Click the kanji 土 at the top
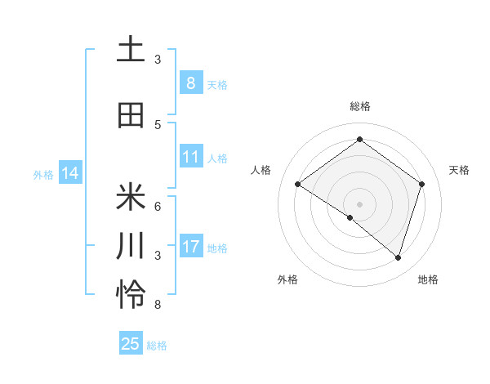click(131, 50)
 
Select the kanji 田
click(131, 115)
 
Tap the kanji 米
click(131, 197)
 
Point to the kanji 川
click(131, 246)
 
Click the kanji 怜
click(131, 295)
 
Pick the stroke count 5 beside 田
click(158, 124)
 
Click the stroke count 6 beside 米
click(158, 206)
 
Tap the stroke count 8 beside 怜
click(158, 305)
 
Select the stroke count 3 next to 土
click(158, 60)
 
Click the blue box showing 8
click(190, 83)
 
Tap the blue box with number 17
click(190, 246)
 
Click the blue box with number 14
click(69, 173)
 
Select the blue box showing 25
click(130, 344)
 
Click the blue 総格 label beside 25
click(157, 346)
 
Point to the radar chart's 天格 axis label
click(459, 170)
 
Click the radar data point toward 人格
click(297, 185)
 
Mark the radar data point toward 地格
click(398, 257)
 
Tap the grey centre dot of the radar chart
click(359, 203)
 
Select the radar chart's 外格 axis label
click(287, 279)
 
